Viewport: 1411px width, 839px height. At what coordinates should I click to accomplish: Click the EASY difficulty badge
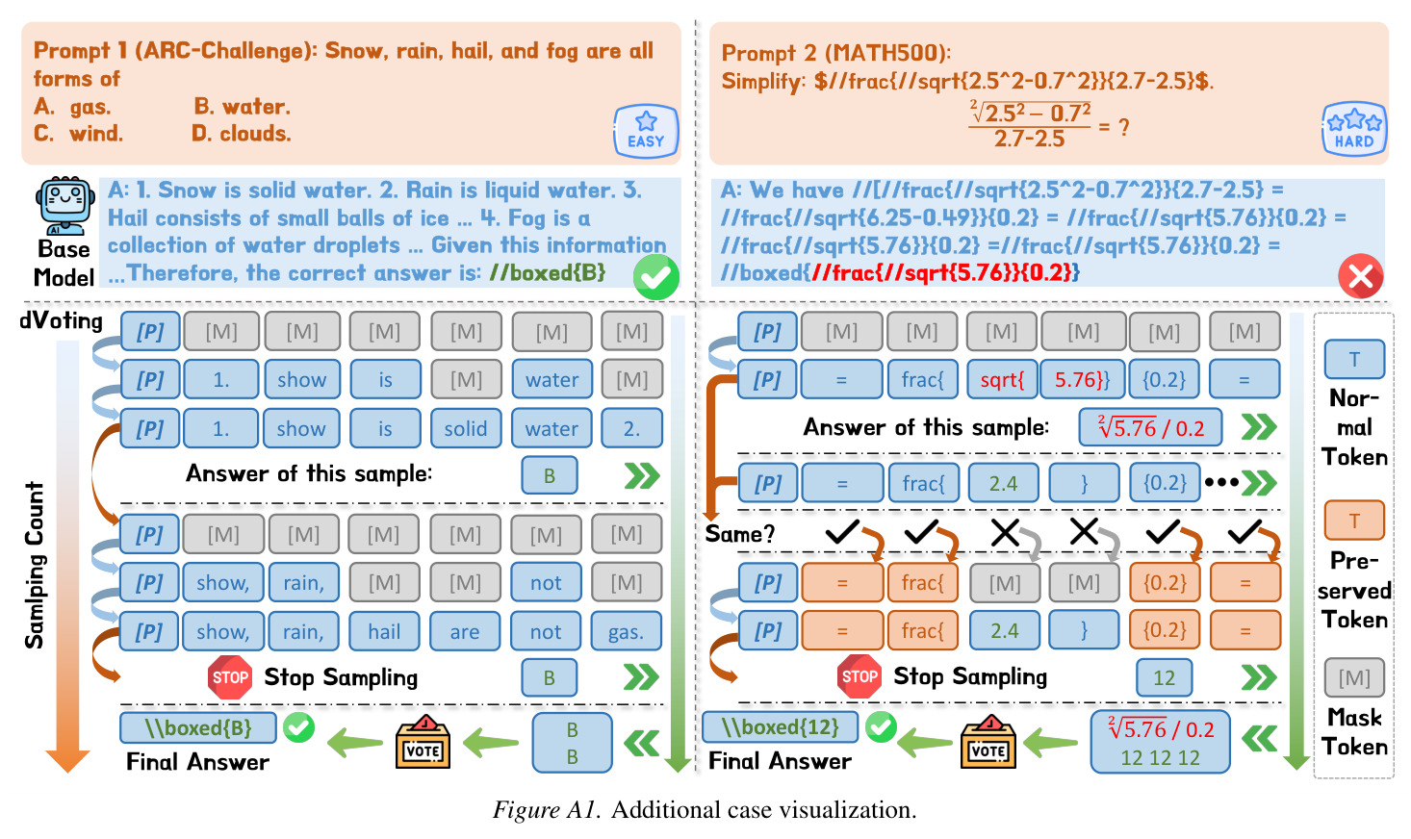click(646, 131)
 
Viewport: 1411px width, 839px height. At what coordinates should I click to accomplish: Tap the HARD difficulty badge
click(1354, 129)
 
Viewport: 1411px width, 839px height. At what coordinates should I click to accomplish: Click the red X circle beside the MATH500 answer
click(1361, 276)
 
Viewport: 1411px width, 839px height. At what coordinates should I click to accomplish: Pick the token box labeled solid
click(466, 428)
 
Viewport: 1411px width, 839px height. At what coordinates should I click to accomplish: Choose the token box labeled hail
click(384, 631)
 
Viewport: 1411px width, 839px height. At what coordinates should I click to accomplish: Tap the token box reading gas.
click(627, 631)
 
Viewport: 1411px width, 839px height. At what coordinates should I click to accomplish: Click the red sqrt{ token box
click(1002, 380)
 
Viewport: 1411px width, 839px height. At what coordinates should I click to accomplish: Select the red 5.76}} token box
click(1082, 380)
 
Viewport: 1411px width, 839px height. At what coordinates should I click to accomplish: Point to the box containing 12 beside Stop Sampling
click(1164, 677)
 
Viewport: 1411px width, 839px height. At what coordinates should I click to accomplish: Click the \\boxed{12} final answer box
click(780, 727)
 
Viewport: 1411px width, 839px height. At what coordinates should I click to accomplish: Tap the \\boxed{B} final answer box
click(198, 728)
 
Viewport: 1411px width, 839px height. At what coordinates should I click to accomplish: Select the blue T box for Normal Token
click(1354, 359)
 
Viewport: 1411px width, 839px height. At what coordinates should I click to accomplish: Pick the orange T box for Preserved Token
click(1354, 521)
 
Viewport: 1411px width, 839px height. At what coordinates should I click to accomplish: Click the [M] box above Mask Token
click(1354, 677)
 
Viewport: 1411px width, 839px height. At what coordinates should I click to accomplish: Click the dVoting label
click(61, 321)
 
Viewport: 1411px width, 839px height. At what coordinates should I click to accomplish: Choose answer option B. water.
click(242, 107)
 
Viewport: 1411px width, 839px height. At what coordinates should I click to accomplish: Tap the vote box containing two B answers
click(572, 743)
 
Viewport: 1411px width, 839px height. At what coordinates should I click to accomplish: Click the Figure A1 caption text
click(705, 810)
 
